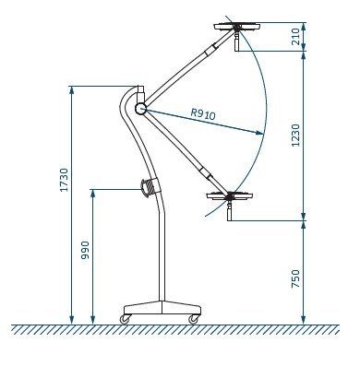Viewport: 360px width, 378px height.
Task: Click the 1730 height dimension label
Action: (64, 180)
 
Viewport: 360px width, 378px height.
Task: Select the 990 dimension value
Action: (85, 250)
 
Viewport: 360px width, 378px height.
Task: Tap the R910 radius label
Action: (203, 114)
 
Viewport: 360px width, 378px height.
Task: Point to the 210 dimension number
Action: (295, 37)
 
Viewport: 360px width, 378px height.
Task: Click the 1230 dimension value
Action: (295, 136)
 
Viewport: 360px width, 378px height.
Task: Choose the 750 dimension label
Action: (295, 278)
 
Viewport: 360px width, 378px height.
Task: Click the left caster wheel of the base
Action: (125, 319)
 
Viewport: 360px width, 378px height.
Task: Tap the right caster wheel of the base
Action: (194, 319)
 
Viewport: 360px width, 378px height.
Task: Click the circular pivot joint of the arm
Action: (140, 109)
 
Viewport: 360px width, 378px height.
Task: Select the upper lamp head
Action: (237, 27)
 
